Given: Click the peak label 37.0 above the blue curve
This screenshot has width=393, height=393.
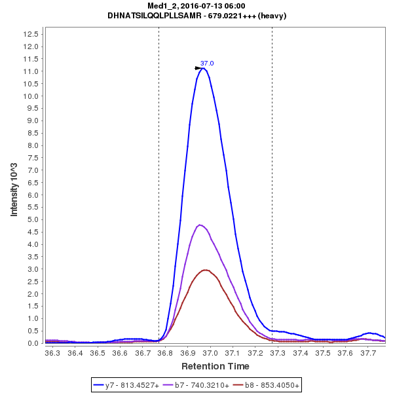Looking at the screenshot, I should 207,63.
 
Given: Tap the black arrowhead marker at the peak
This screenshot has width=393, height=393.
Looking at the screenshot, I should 198,67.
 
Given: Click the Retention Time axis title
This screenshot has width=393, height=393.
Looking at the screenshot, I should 215,365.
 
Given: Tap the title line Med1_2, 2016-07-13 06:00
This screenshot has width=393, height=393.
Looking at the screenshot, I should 196,6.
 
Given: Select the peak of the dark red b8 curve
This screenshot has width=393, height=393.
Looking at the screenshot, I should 206,270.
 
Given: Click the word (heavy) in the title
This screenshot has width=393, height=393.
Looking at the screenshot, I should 272,15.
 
